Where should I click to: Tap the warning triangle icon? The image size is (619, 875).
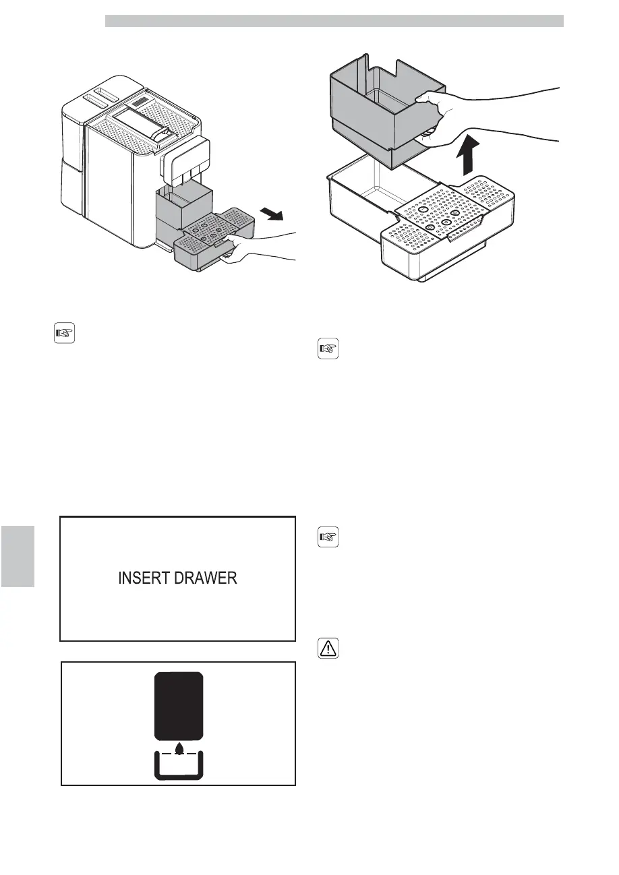pyautogui.click(x=328, y=648)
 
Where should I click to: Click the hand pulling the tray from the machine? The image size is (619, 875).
pyautogui.click(x=260, y=247)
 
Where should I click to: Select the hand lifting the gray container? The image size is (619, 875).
pyautogui.click(x=472, y=115)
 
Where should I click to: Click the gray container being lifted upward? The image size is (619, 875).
pyautogui.click(x=378, y=108)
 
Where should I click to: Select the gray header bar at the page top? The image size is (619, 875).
pyautogui.click(x=334, y=22)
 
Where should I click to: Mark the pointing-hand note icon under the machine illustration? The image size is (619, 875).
pyautogui.click(x=63, y=333)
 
